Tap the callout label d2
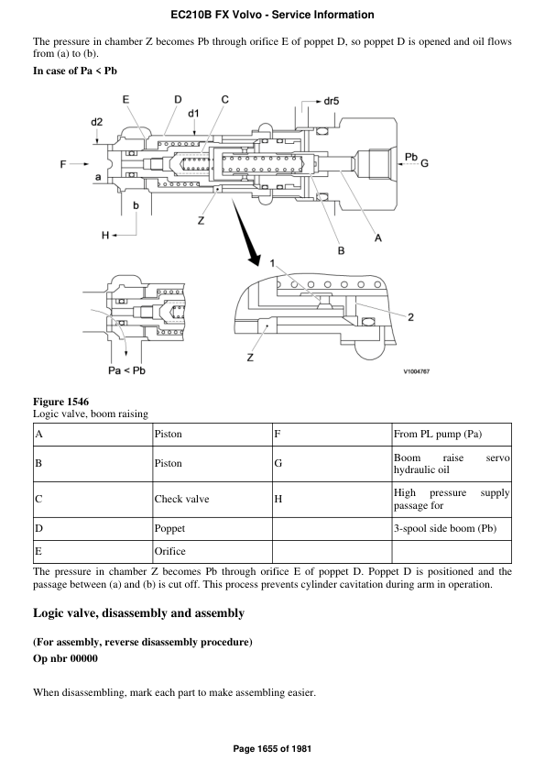point(97,121)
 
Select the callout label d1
point(193,114)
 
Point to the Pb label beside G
point(411,157)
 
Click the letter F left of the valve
point(63,164)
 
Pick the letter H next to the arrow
point(105,236)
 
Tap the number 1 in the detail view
point(271,263)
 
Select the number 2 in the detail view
point(410,317)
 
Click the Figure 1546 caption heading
point(61,402)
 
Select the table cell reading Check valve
point(183,500)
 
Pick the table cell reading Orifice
point(170,551)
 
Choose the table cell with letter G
point(278,463)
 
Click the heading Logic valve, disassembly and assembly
point(137,612)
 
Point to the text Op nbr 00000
point(65,657)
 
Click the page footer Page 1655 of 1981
point(272,749)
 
